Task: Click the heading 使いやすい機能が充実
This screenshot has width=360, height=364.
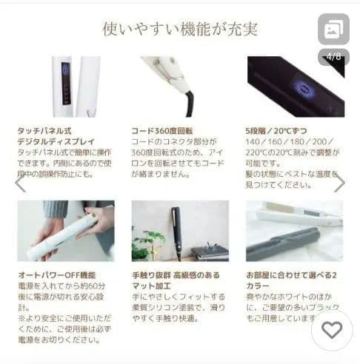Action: pyautogui.click(x=180, y=28)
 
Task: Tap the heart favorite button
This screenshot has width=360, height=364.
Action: pyautogui.click(x=331, y=330)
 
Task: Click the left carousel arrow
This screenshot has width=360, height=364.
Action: pyautogui.click(x=20, y=183)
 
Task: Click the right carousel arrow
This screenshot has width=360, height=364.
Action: pyautogui.click(x=339, y=183)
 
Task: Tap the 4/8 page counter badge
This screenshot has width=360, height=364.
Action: pyautogui.click(x=333, y=56)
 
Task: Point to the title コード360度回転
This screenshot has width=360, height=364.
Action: pyautogui.click(x=162, y=129)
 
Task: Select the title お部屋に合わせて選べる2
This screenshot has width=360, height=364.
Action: pyautogui.click(x=291, y=274)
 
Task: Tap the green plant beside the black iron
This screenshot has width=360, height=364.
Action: pyautogui.click(x=149, y=244)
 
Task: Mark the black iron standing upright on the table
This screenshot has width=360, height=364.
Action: pyautogui.click(x=176, y=232)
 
